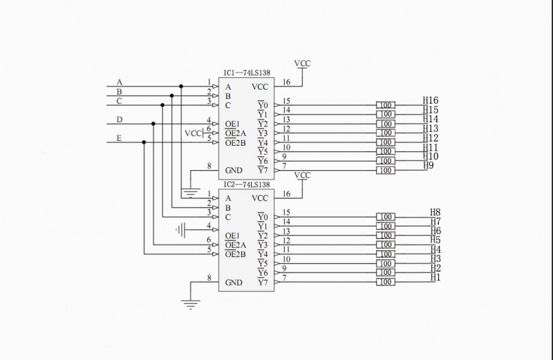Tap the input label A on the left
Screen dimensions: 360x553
(120, 83)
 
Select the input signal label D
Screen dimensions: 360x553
(120, 120)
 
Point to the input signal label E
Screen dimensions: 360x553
(120, 139)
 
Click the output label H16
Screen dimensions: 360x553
(431, 101)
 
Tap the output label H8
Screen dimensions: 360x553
(435, 213)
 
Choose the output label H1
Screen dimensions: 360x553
(435, 278)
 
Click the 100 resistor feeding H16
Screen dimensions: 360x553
(386, 105)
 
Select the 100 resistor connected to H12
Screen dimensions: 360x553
(386, 142)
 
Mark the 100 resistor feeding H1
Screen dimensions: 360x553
(386, 282)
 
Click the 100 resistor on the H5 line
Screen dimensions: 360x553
(386, 245)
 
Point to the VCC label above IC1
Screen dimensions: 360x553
(303, 64)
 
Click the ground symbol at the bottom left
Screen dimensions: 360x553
(190, 302)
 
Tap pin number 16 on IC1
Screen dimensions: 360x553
(286, 83)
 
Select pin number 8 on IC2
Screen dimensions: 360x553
(209, 278)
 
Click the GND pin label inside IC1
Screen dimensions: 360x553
(234, 170)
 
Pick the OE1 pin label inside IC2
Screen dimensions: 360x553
(233, 236)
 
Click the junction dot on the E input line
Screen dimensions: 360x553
(144, 142)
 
